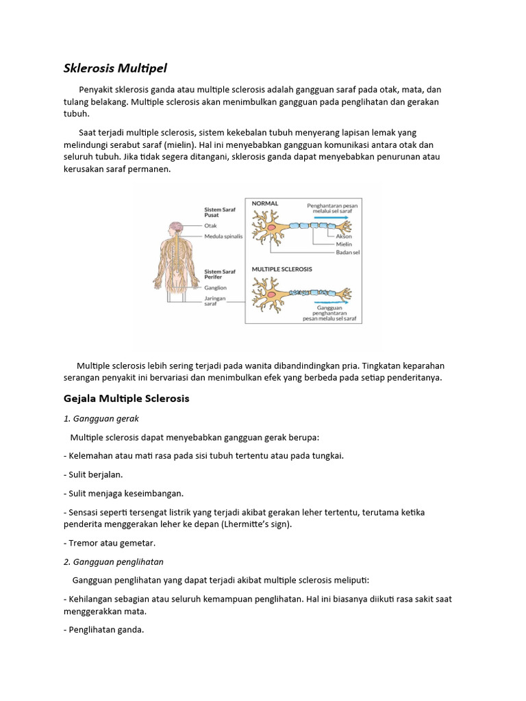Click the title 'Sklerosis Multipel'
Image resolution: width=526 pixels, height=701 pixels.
(115, 68)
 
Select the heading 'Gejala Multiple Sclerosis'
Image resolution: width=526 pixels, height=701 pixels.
(126, 398)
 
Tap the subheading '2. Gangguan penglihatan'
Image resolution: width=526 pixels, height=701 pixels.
(113, 561)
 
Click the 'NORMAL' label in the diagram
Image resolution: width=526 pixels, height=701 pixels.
(265, 203)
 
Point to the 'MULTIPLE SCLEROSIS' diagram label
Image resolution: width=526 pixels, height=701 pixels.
(282, 269)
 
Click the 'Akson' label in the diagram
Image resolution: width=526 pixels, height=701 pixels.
(345, 236)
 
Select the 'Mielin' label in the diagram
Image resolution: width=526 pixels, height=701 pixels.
(345, 244)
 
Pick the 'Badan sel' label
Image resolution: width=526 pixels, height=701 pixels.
(348, 253)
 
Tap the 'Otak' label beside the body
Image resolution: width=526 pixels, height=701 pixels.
(210, 225)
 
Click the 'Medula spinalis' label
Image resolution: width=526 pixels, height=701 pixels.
(223, 236)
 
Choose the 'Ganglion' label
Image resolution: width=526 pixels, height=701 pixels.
(215, 288)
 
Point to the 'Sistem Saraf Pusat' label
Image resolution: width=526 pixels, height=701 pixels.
(220, 213)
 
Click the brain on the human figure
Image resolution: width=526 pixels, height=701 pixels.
(175, 226)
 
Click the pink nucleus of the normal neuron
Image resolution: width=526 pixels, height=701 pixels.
(272, 227)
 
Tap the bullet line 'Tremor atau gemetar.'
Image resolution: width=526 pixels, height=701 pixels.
(110, 543)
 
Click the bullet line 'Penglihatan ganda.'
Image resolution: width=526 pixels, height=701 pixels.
(105, 630)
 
